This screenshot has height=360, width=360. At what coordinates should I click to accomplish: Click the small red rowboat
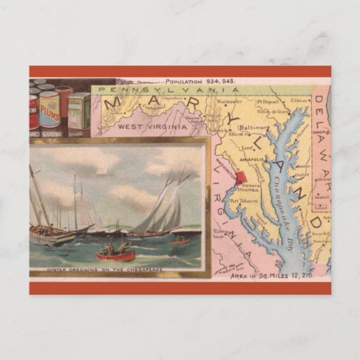pyautogui.click(x=115, y=255)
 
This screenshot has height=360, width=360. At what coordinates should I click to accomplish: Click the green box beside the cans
pyautogui.click(x=79, y=112)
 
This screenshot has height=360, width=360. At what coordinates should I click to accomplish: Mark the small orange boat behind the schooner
pyautogui.click(x=180, y=240)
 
